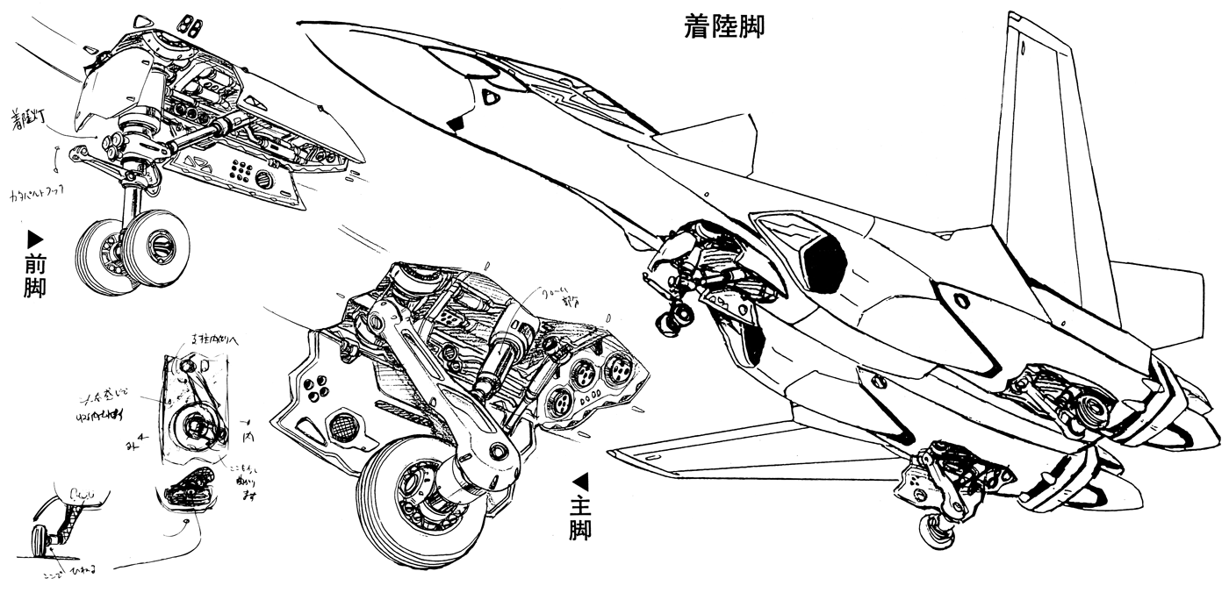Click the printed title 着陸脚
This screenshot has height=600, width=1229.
724,27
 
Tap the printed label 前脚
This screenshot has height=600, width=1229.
35,275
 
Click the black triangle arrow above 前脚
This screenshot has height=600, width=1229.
35,238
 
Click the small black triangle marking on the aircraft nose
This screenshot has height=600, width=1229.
455,125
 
